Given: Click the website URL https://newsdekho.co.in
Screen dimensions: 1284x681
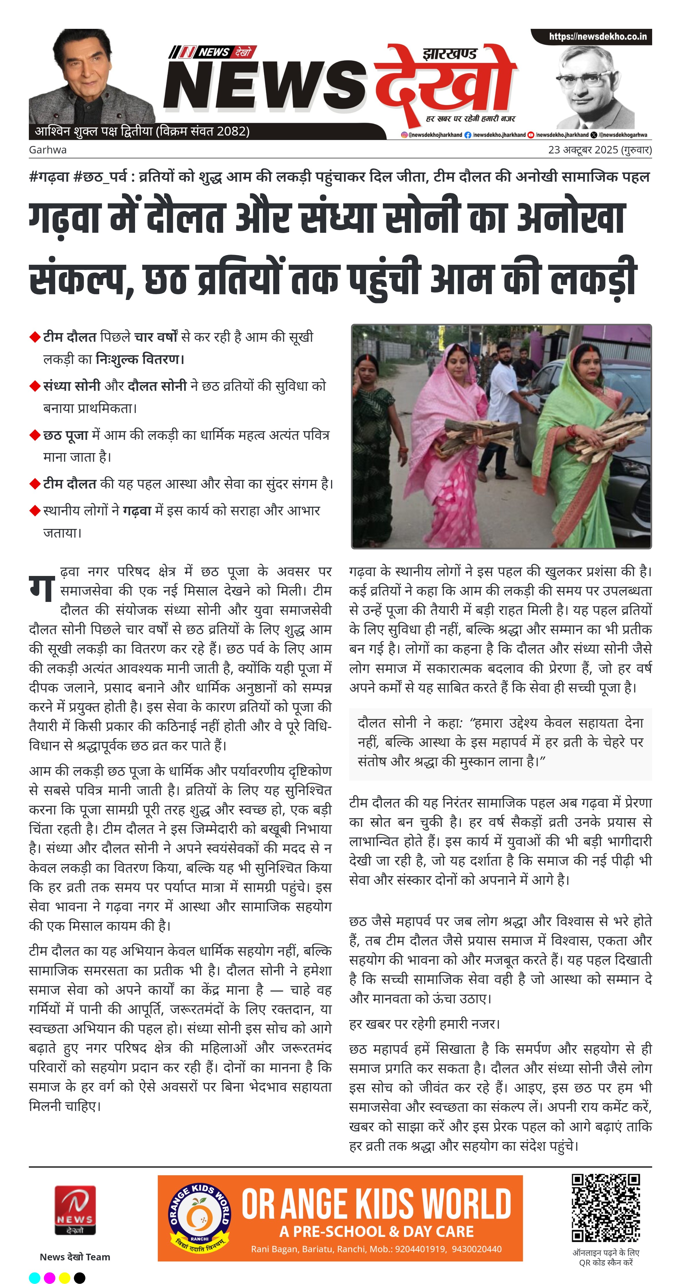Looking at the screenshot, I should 597,36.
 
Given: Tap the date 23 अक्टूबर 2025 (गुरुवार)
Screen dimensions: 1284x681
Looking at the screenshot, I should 600,149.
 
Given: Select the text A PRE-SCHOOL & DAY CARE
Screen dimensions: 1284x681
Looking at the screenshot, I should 376,1231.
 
